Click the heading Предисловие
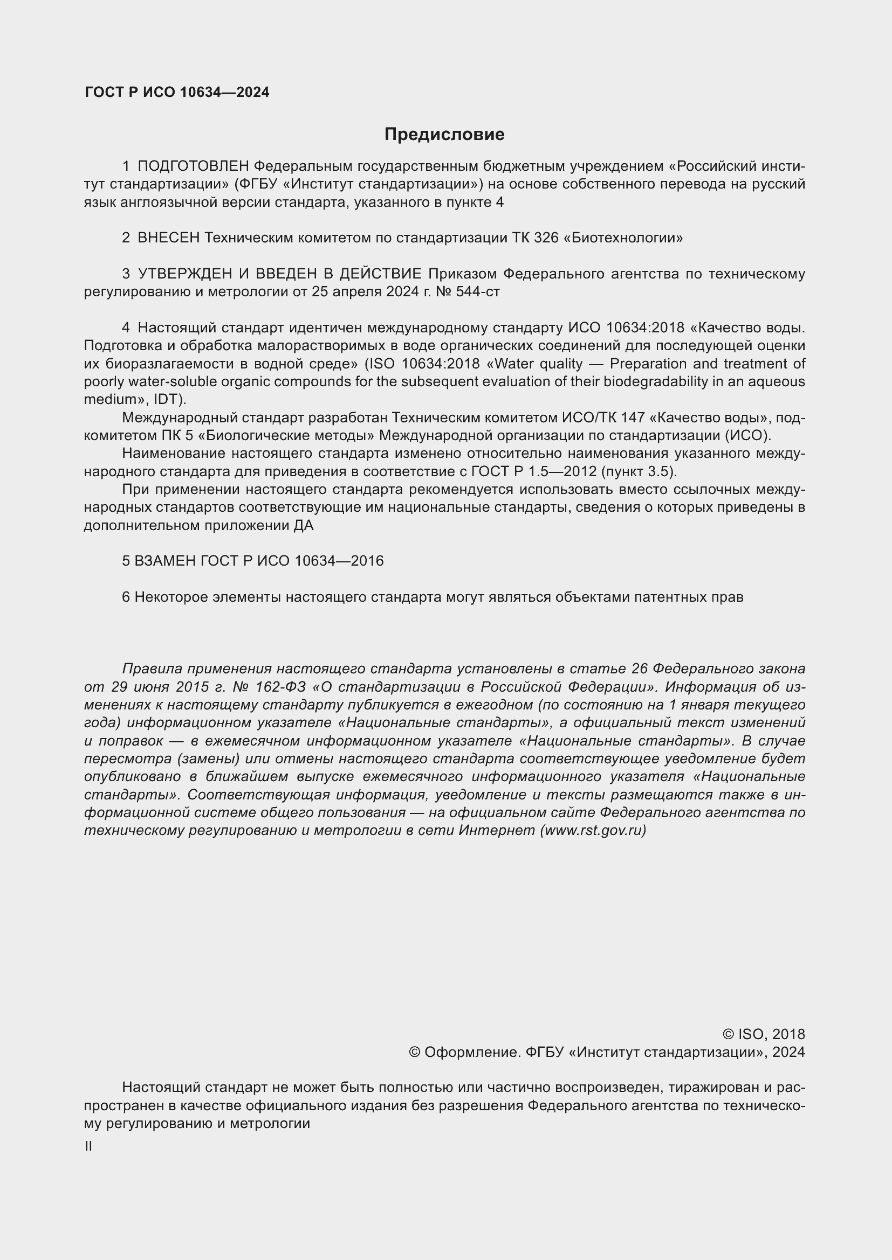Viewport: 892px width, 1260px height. [444, 135]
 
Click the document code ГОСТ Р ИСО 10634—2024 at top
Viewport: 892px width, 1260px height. [177, 92]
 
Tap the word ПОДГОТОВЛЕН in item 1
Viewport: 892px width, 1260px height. [194, 166]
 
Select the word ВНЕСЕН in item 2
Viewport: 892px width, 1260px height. [169, 238]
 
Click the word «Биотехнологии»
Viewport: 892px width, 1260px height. [623, 238]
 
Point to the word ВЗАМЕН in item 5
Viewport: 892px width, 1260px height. [166, 561]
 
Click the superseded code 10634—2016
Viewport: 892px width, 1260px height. [339, 561]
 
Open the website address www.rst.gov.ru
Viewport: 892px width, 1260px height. [593, 830]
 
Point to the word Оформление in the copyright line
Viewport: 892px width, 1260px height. [471, 1052]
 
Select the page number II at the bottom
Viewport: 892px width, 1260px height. [88, 1146]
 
